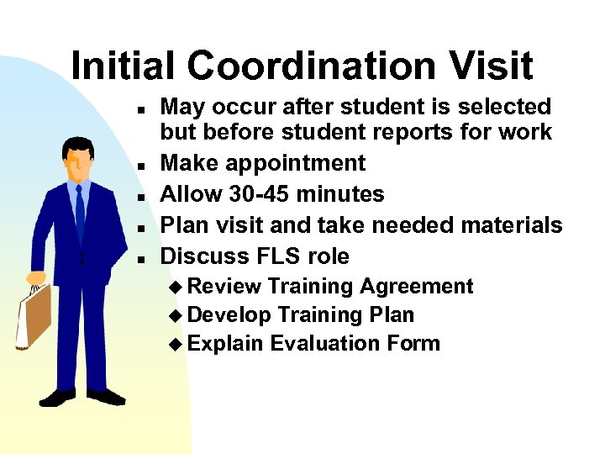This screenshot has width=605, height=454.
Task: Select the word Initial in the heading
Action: pyautogui.click(x=125, y=66)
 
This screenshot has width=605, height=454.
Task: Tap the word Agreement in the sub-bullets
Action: pyautogui.click(x=417, y=287)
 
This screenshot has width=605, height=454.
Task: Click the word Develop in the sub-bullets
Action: pyautogui.click(x=229, y=315)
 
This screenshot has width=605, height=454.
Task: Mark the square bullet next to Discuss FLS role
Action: pyautogui.click(x=145, y=257)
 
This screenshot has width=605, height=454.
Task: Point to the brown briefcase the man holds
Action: pyautogui.click(x=34, y=315)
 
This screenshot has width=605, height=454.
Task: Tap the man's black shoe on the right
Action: pyautogui.click(x=105, y=395)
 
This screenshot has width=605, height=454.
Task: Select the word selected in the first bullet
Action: pyautogui.click(x=511, y=107)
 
